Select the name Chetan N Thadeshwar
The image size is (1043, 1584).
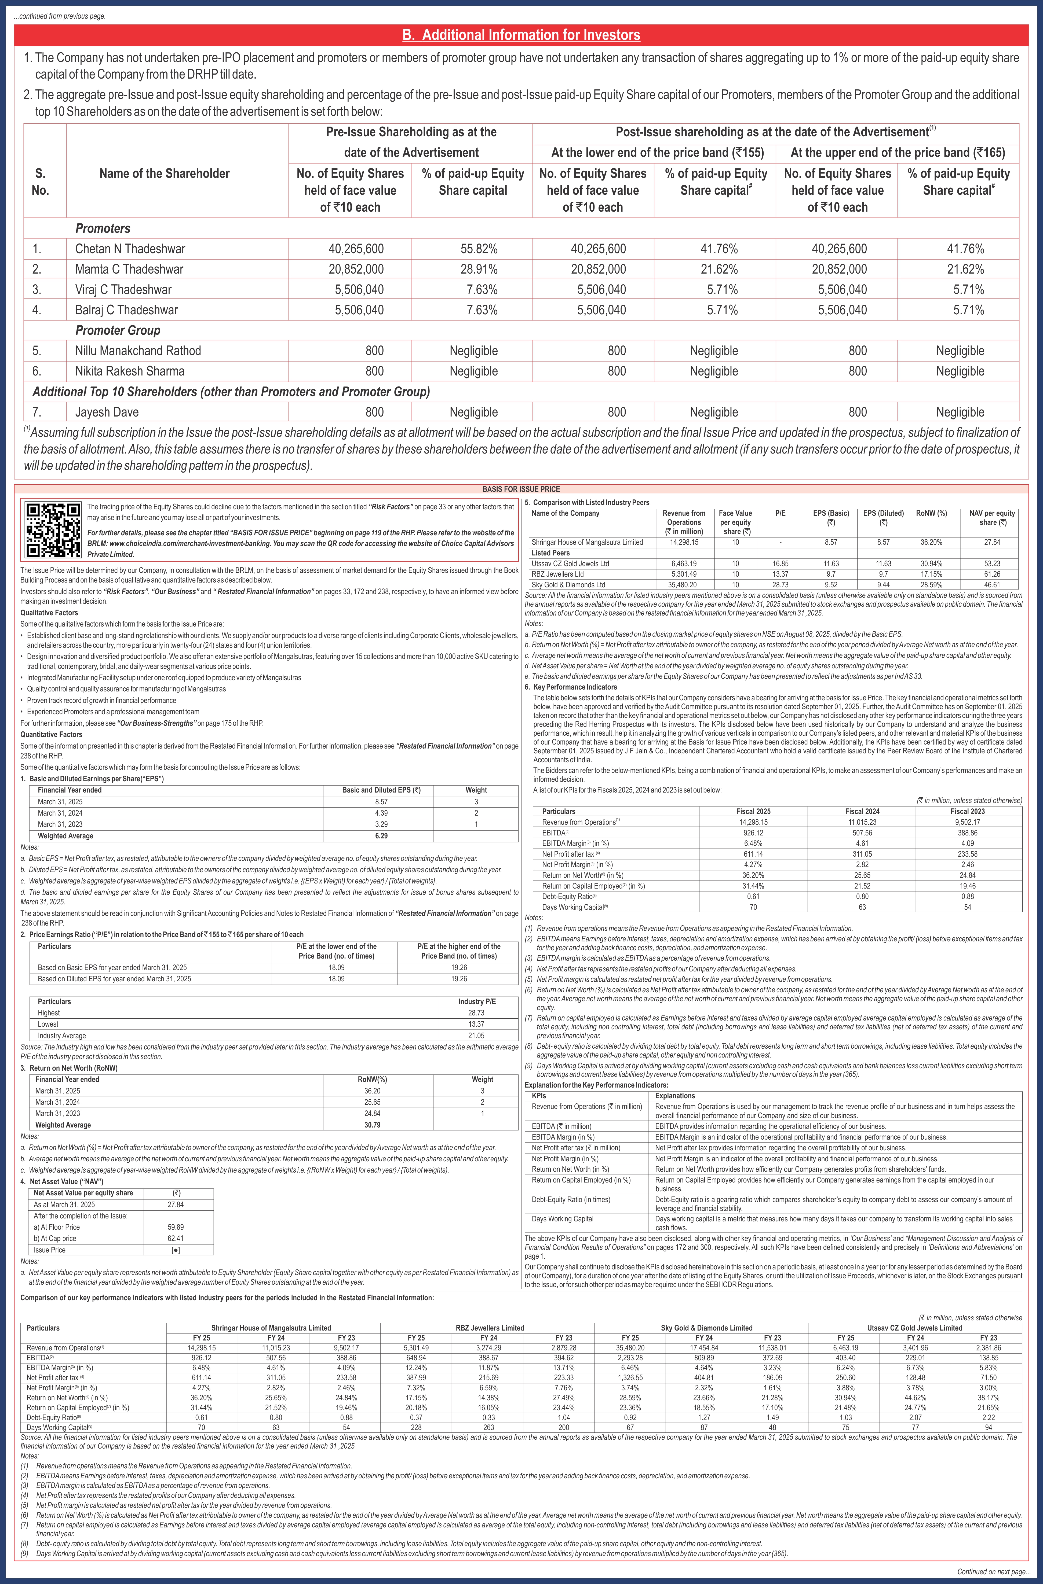tap(130, 249)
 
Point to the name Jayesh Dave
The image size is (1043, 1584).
tap(107, 412)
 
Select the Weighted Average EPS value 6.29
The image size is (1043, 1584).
tap(381, 836)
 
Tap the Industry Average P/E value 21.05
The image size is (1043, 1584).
tap(476, 1036)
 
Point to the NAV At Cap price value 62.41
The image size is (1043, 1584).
tap(176, 1239)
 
